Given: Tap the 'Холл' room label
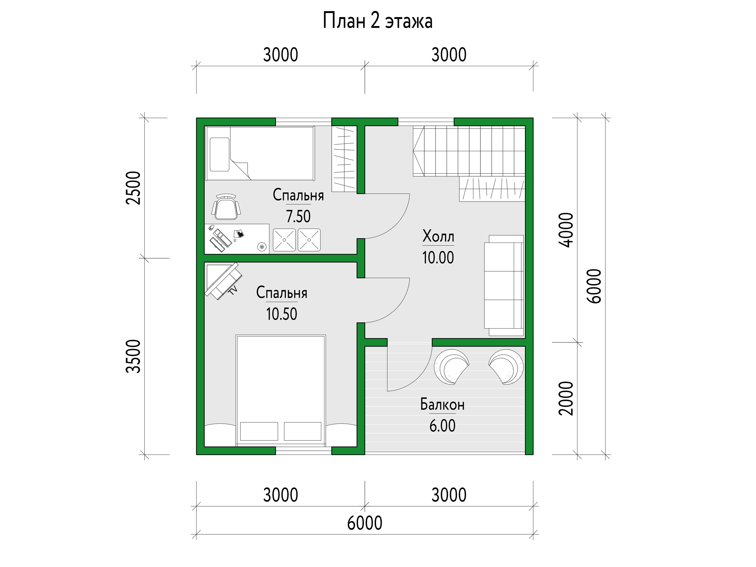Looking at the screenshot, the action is pyautogui.click(x=438, y=236).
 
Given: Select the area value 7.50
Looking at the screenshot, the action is pyautogui.click(x=298, y=216).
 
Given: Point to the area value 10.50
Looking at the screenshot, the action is pyautogui.click(x=282, y=314).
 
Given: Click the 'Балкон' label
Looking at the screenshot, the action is pyautogui.click(x=442, y=405).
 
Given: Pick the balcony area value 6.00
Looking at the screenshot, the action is pyautogui.click(x=442, y=426).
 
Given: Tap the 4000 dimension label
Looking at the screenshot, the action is pyautogui.click(x=566, y=230).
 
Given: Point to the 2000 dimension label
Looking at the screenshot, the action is pyautogui.click(x=566, y=398).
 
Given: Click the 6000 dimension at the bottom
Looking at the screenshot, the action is pyautogui.click(x=365, y=523).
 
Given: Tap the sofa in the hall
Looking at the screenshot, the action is pyautogui.click(x=504, y=285).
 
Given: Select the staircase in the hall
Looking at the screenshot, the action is pyautogui.click(x=469, y=151).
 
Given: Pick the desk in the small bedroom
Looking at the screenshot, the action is pyautogui.click(x=237, y=238).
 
